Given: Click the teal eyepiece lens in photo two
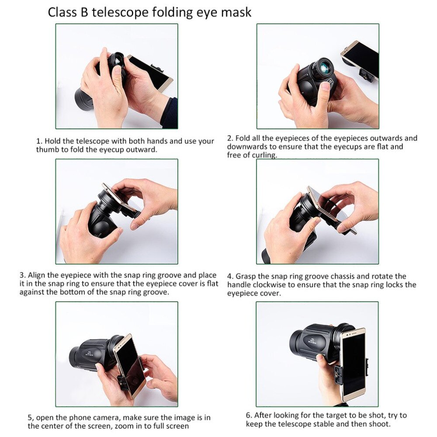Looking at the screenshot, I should (x=325, y=67).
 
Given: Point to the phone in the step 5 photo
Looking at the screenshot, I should (x=129, y=365).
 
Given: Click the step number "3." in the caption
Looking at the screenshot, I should (x=22, y=275).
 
